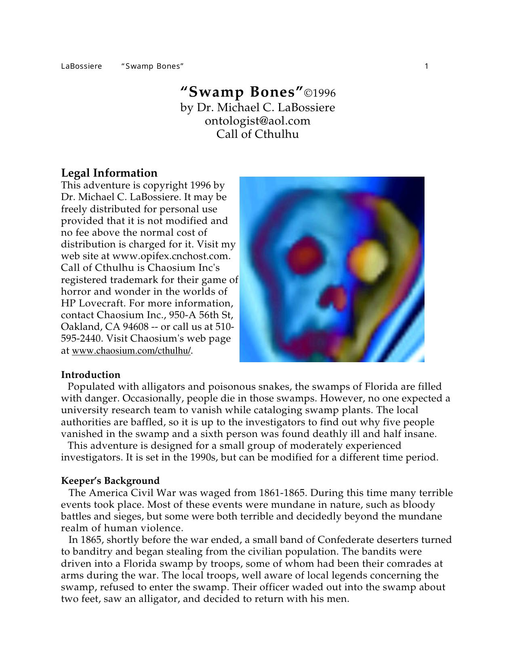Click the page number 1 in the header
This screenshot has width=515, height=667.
[427, 66]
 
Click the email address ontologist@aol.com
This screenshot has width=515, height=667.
[257, 120]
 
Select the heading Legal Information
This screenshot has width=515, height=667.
[109, 173]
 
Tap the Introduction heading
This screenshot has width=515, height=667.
[90, 375]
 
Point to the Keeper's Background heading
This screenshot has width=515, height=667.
[110, 481]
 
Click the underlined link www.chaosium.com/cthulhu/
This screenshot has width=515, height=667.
[131, 351]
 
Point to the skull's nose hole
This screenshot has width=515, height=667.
[335, 299]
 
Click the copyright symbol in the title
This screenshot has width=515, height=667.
[308, 93]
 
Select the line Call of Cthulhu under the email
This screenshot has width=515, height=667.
[257, 134]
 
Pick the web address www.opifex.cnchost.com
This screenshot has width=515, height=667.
[171, 256]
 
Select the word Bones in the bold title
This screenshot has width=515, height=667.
[273, 92]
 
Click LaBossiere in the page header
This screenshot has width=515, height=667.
[81, 66]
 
